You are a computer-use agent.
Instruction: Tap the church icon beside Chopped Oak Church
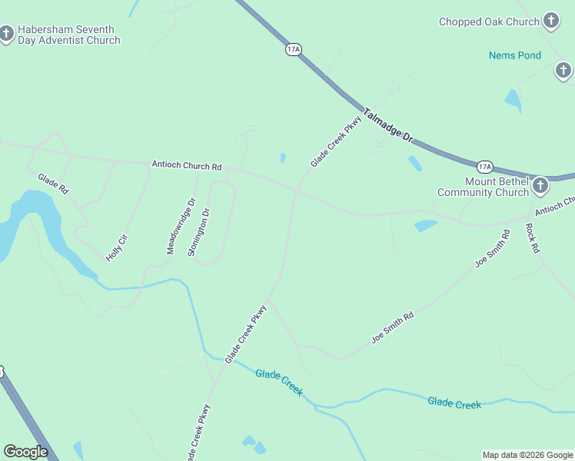pyautogui.click(x=550, y=21)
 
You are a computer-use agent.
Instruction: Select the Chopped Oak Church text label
pyautogui.click(x=489, y=22)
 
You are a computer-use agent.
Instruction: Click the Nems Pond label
pyautogui.click(x=515, y=55)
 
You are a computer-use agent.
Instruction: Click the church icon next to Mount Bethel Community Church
pyautogui.click(x=540, y=185)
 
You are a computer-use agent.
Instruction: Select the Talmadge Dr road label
pyautogui.click(x=388, y=124)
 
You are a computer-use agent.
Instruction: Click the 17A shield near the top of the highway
pyautogui.click(x=293, y=49)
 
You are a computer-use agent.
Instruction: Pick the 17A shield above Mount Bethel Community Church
pyautogui.click(x=484, y=166)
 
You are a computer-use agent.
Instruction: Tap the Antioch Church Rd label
pyautogui.click(x=186, y=165)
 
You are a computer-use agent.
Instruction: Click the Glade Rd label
pyautogui.click(x=53, y=184)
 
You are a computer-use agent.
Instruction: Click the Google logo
pyautogui.click(x=25, y=452)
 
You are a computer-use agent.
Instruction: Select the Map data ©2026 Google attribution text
pyautogui.click(x=527, y=455)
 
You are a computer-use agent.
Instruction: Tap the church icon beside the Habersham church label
pyautogui.click(x=7, y=34)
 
